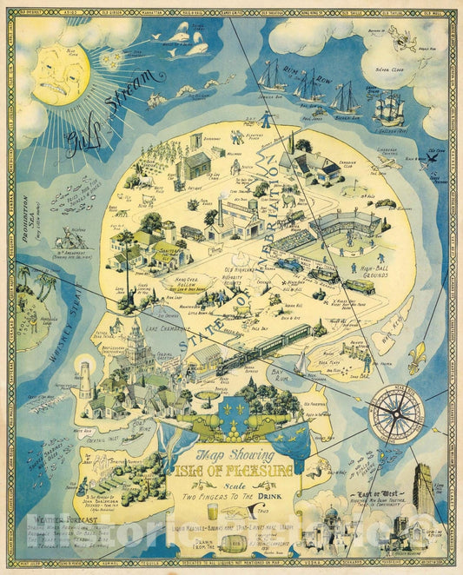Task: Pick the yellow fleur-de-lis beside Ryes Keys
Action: (419, 357)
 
